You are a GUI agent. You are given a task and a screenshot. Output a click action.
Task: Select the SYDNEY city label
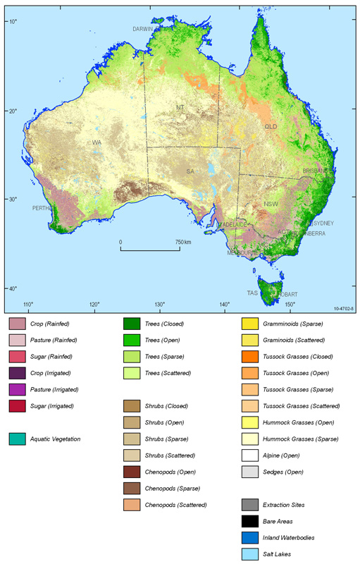tap(323, 223)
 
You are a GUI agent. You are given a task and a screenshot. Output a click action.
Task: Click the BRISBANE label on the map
tap(316, 171)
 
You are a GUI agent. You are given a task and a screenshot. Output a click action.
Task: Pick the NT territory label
tap(180, 107)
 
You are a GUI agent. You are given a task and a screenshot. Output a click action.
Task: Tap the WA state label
tap(97, 142)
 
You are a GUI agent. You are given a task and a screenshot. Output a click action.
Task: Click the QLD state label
tap(271, 127)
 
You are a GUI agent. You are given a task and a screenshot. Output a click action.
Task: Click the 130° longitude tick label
tap(160, 305)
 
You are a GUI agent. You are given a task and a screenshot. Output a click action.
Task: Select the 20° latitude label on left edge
tap(13, 111)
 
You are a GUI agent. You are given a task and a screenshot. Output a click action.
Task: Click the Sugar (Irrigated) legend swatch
tap(18, 405)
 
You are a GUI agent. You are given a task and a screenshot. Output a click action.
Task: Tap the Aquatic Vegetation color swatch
tap(18, 439)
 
